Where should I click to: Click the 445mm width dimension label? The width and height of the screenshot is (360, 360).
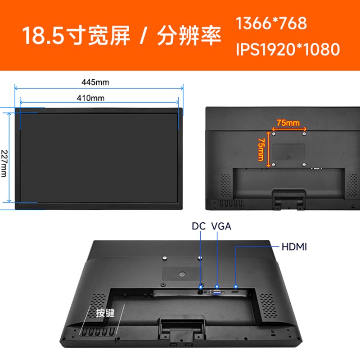(95, 82)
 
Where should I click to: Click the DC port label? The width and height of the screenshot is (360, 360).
(198, 226)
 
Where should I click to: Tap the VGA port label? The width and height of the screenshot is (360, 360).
(221, 226)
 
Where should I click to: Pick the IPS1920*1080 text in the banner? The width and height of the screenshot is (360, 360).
(288, 49)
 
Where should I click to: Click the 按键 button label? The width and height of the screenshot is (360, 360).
(105, 313)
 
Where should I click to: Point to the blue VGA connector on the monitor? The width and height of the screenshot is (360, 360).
(216, 292)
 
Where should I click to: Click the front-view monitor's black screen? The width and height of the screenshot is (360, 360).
(99, 157)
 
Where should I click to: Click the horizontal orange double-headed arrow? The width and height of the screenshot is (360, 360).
(289, 130)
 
